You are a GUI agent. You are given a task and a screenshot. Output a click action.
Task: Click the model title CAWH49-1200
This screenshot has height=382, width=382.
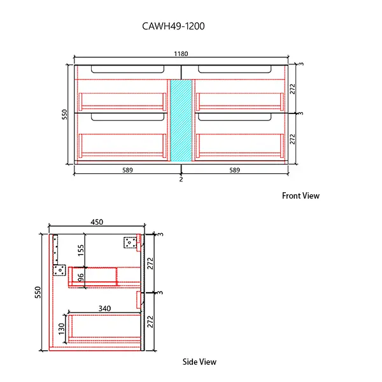pyautogui.click(x=173, y=27)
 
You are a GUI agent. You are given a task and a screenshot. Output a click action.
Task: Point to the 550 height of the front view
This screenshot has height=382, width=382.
pyautogui.click(x=64, y=114)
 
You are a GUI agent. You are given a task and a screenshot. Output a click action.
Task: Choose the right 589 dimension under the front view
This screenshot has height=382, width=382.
pyautogui.click(x=235, y=170)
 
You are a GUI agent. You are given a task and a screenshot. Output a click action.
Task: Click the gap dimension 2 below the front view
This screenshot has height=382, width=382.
pyautogui.click(x=181, y=180)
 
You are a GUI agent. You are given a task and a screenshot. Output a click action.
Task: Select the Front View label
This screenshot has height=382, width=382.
pyautogui.click(x=301, y=195)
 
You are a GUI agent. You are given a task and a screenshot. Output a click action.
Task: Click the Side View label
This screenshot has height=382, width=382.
pyautogui.click(x=199, y=362)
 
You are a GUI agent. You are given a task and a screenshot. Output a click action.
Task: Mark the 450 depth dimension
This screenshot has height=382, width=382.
pyautogui.click(x=97, y=222)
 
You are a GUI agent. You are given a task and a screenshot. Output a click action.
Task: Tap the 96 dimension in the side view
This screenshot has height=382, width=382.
pyautogui.click(x=80, y=278)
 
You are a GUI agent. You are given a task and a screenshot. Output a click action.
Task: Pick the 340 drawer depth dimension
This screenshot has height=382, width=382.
pyautogui.click(x=104, y=308)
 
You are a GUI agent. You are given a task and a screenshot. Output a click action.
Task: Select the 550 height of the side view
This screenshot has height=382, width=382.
pyautogui.click(x=38, y=292)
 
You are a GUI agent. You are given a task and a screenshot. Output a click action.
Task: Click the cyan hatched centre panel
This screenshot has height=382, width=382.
pyautogui.click(x=181, y=120)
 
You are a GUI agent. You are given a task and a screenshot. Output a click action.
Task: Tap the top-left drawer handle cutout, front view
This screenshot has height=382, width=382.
pyautogui.click(x=127, y=69)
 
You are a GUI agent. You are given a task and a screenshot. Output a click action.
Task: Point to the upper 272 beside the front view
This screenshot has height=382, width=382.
pyautogui.click(x=293, y=88)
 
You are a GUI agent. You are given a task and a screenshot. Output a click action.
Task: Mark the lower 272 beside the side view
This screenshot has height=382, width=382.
pyautogui.click(x=151, y=322)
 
